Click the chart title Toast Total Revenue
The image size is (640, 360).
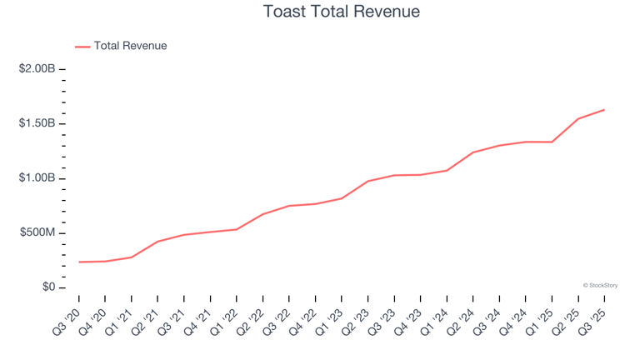tap(341, 12)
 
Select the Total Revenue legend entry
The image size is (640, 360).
tap(121, 46)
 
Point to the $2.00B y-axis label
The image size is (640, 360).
tap(37, 68)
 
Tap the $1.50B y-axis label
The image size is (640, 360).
tap(37, 123)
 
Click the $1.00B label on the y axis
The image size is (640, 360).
tap(37, 178)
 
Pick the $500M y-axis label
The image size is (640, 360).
tap(37, 232)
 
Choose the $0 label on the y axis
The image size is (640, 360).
tap(48, 287)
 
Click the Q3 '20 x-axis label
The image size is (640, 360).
tap(67, 322)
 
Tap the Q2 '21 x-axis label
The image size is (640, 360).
tap(145, 322)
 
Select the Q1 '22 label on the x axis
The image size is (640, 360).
tap(224, 322)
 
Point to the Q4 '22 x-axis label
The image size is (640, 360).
tap(303, 322)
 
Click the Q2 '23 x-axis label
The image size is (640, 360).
tap(356, 322)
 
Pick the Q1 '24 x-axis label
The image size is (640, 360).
tap(435, 322)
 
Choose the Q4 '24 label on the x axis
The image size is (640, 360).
tap(513, 322)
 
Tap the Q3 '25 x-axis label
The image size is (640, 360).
tap(592, 322)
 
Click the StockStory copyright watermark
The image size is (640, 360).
tap(600, 286)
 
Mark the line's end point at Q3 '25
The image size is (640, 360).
tap(604, 110)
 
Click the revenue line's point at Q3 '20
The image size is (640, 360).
tap(79, 262)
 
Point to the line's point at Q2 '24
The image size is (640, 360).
tap(473, 152)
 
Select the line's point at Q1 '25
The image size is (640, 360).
tap(552, 142)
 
